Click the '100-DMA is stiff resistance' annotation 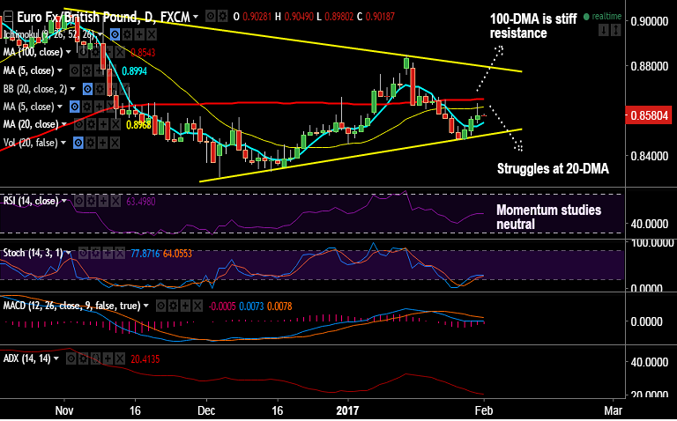point(532,26)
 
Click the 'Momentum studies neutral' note point(548,217)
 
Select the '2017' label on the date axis point(349,410)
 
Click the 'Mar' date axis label point(613,410)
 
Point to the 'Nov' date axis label point(63,410)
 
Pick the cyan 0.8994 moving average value point(134,71)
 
